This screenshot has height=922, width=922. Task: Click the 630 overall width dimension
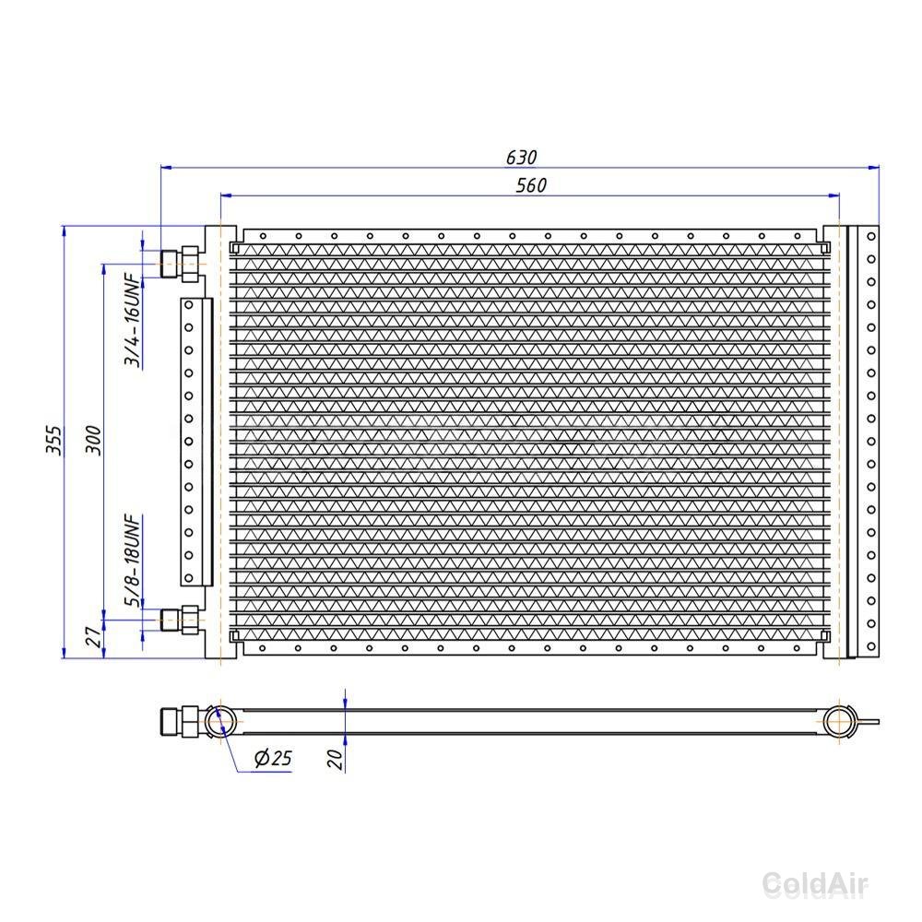522,157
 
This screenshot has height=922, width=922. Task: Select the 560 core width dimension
532,185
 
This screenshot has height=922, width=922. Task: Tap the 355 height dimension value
53,440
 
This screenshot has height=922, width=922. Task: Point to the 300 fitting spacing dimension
93,440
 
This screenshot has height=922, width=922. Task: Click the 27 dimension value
93,636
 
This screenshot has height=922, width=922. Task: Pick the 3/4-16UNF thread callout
133,319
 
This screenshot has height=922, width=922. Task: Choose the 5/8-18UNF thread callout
133,561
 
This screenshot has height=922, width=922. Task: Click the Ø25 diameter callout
273,757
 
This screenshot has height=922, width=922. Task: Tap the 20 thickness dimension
335,759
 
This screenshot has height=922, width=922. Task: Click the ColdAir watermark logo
815,884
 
